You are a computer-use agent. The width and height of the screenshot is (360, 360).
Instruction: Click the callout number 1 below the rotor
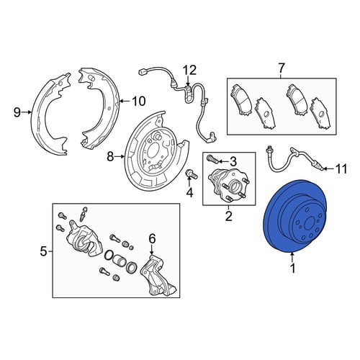pos(292,268)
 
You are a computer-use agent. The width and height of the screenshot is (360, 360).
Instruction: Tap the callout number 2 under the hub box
pos(229,216)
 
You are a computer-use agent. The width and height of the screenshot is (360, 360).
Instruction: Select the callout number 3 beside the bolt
pos(233,162)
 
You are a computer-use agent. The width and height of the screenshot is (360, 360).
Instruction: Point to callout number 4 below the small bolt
pos(189,192)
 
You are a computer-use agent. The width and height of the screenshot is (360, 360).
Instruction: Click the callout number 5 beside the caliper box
pos(43,251)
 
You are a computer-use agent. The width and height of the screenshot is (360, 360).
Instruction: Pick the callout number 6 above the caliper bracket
pos(152,238)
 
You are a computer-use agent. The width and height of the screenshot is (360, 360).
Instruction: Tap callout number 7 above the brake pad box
pos(281,68)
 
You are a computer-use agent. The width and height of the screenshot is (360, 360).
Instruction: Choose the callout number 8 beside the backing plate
pos(110,157)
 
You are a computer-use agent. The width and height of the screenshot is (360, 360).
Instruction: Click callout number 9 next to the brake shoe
pos(17,112)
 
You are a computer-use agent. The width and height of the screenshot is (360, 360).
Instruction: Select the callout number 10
pos(139,101)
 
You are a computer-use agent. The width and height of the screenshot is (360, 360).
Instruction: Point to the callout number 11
pos(341,168)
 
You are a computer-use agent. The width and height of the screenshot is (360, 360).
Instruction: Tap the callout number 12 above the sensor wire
pos(190,71)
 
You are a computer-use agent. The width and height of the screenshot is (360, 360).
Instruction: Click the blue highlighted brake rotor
pos(279,230)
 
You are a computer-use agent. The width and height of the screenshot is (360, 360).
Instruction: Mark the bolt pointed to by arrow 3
pos(212,158)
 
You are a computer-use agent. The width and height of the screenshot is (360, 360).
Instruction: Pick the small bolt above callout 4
pos(192,174)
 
